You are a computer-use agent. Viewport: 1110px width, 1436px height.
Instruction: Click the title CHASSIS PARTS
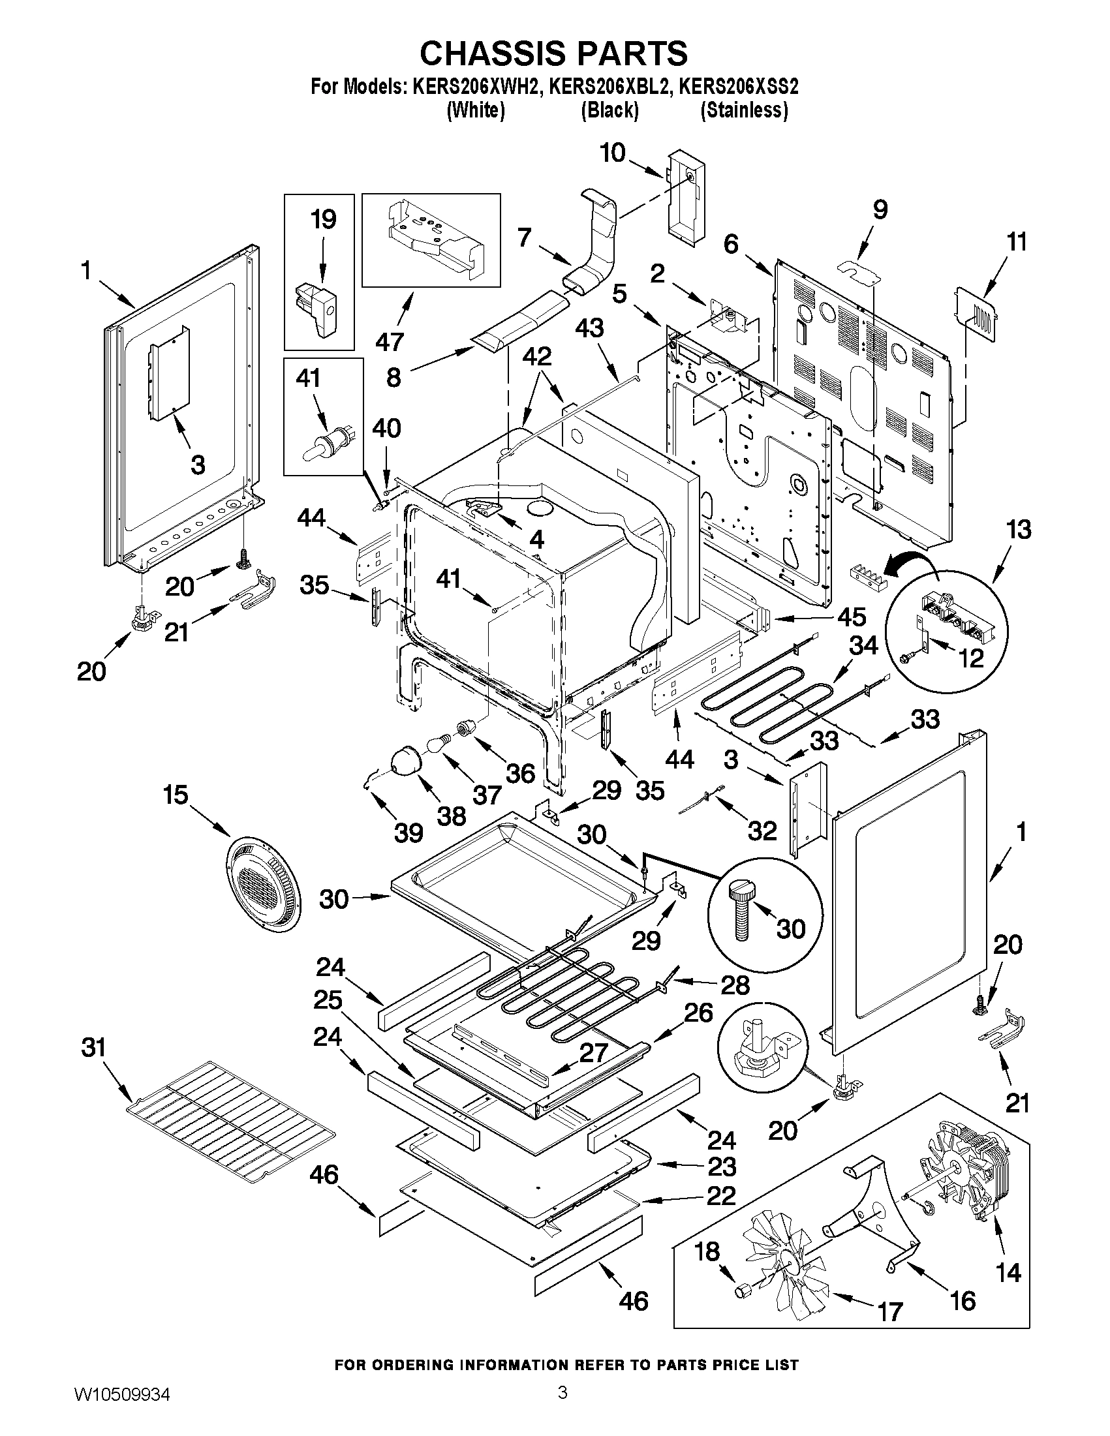[553, 53]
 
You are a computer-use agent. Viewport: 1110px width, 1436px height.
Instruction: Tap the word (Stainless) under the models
[744, 110]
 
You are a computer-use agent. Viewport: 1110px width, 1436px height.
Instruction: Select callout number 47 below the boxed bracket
[390, 341]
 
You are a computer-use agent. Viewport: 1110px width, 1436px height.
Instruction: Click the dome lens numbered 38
[408, 763]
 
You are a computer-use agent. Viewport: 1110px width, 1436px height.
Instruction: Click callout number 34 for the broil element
[863, 646]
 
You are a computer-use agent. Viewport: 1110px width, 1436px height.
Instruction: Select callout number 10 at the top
[612, 153]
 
